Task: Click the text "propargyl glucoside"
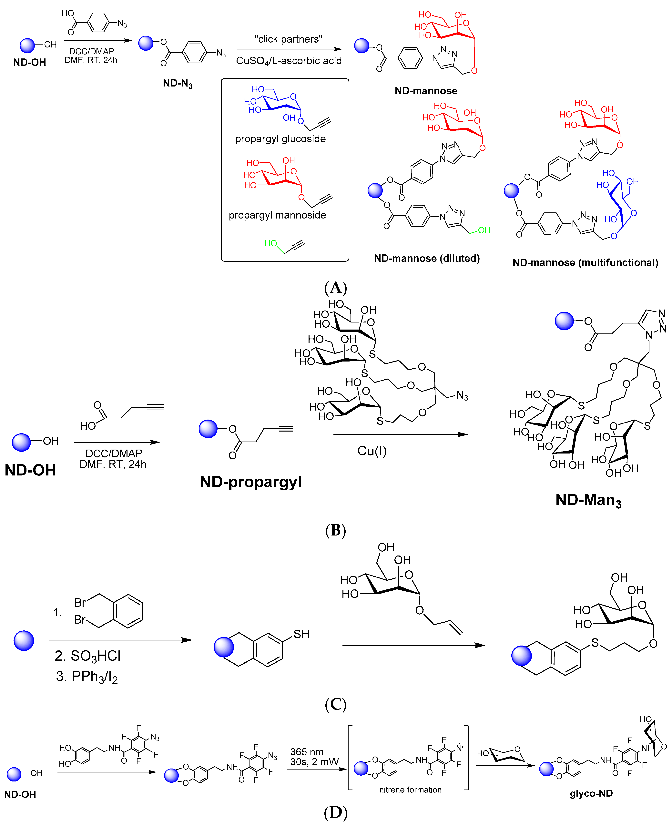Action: (x=280, y=139)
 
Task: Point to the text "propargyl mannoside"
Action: (x=277, y=215)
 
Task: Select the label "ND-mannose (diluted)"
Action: (x=427, y=258)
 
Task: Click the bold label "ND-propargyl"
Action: (x=250, y=482)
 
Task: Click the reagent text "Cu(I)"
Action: (x=372, y=451)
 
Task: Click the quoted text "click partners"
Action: (x=288, y=39)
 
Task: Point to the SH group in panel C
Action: (x=301, y=634)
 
